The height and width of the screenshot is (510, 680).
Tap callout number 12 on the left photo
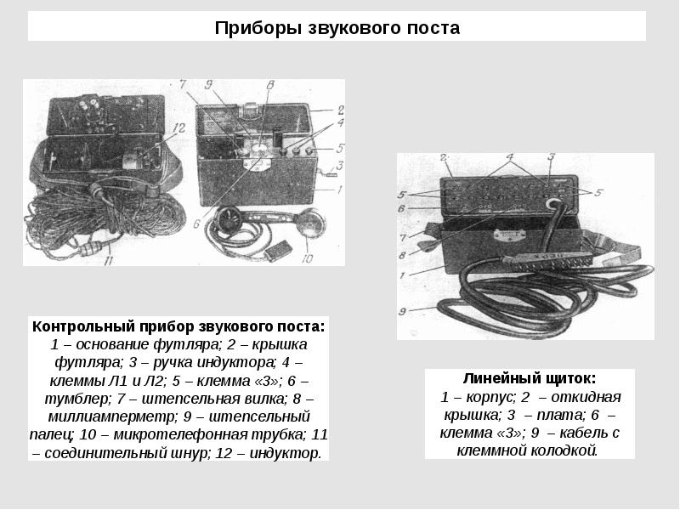click(x=178, y=128)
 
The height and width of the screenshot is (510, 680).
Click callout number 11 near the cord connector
click(x=109, y=260)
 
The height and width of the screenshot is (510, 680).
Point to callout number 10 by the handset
click(x=307, y=258)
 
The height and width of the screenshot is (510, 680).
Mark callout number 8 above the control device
click(x=269, y=85)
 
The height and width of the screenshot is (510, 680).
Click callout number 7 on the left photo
click(x=183, y=84)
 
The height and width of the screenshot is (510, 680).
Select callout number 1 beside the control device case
click(x=339, y=190)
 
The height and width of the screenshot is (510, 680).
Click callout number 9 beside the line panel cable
click(x=402, y=311)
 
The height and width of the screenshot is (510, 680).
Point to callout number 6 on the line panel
click(x=401, y=208)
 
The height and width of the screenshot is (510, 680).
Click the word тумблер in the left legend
click(x=78, y=399)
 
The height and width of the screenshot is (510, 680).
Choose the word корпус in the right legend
click(x=490, y=397)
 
